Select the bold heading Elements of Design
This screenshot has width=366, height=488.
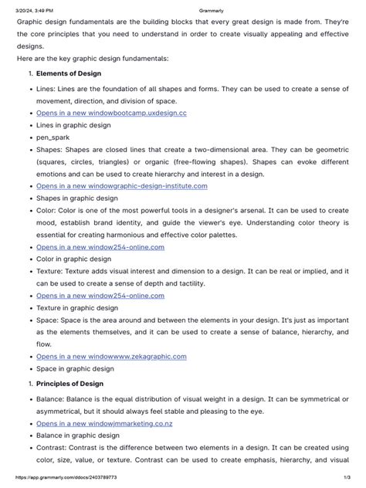click(x=69, y=74)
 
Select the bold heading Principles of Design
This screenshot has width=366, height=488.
click(x=69, y=384)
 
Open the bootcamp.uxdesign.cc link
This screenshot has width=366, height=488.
click(x=111, y=113)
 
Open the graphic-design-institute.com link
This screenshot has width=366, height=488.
click(x=121, y=186)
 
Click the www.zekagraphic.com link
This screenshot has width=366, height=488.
click(x=111, y=357)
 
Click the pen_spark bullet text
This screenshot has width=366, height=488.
click(x=53, y=137)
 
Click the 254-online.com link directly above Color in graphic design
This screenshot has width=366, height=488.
click(x=100, y=247)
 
